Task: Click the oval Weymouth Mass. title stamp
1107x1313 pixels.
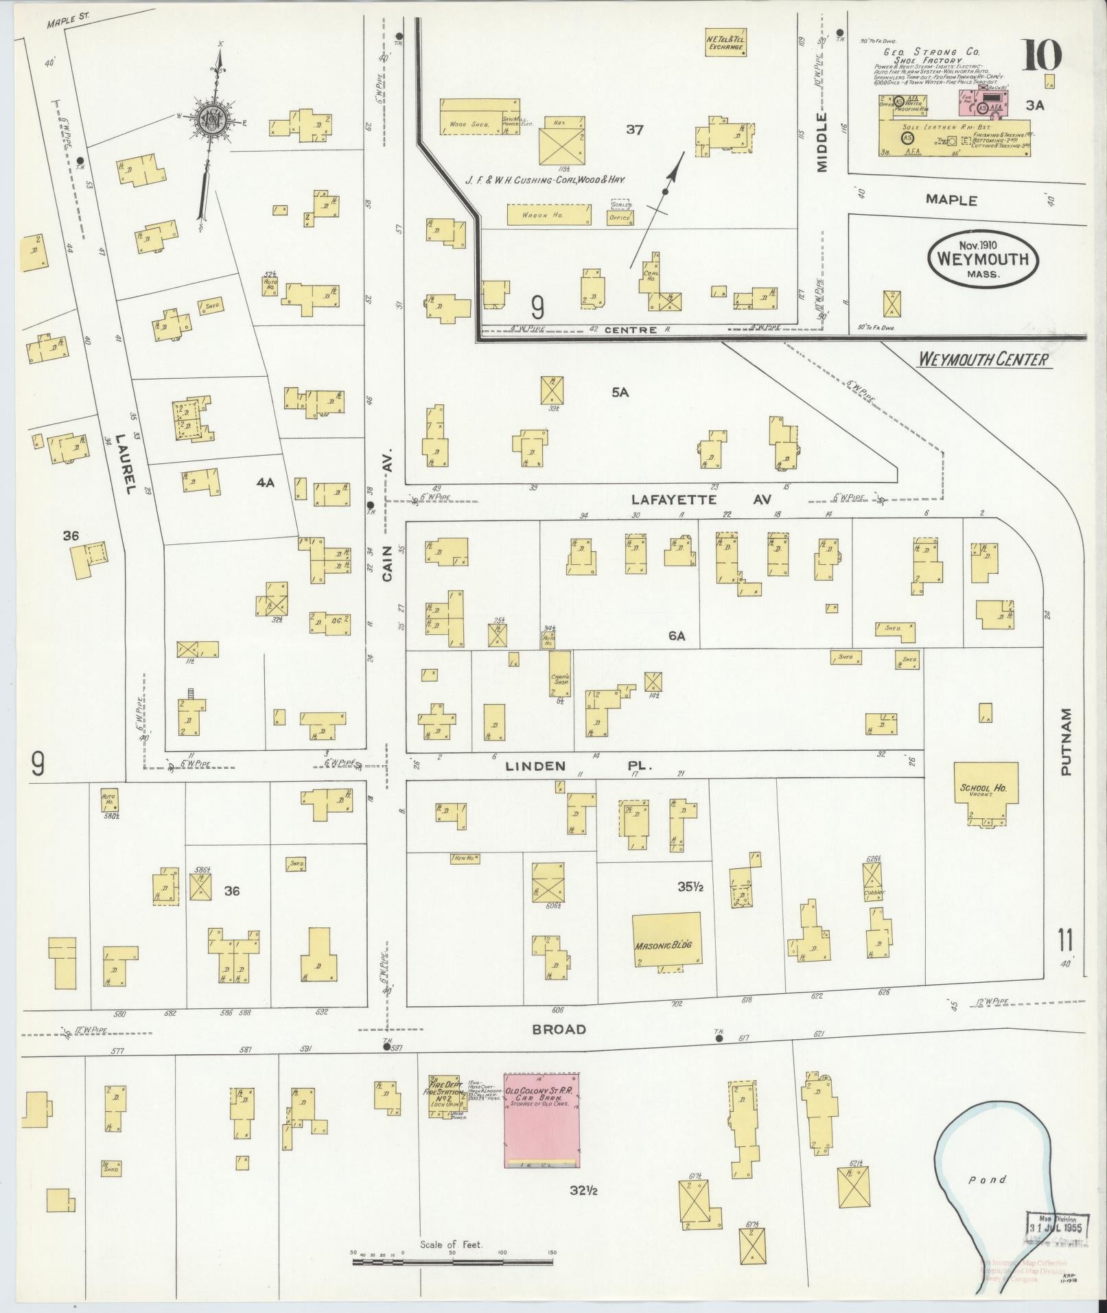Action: (x=983, y=259)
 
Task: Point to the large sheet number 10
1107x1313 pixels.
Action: (x=1042, y=56)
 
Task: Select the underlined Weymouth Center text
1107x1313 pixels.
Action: (x=983, y=360)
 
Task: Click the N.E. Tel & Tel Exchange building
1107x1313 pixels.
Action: (x=725, y=43)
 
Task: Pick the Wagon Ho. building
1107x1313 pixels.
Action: (x=549, y=215)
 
